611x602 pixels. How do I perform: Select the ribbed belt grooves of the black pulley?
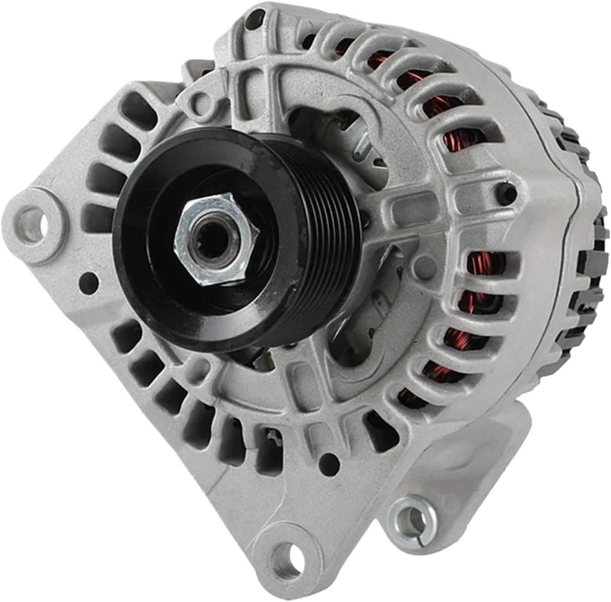(322, 228)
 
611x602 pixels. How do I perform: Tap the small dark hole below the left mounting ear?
(89, 280)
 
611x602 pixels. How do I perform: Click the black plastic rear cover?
(587, 228)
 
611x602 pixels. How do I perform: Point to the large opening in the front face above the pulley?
(322, 122)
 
